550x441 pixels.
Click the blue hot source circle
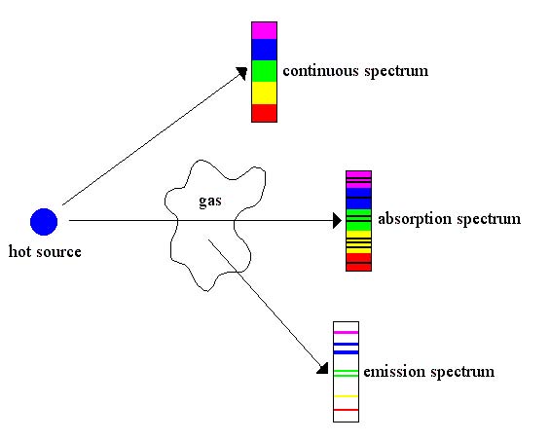pos(44,222)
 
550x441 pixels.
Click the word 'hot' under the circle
pos(19,251)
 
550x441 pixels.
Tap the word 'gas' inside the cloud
pos(210,202)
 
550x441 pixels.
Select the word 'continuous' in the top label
pos(320,71)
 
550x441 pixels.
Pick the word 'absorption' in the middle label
pos(414,220)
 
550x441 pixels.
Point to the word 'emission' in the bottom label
pos(394,372)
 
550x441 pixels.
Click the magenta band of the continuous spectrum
pos(264,30)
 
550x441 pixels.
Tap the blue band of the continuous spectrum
pos(264,50)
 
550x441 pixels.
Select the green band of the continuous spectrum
pos(264,71)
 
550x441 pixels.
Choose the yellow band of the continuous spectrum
pos(264,93)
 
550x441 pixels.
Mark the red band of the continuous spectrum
pos(264,113)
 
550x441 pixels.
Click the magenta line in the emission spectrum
pos(346,332)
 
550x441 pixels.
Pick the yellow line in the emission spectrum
pos(346,396)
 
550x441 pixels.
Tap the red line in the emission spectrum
pos(346,410)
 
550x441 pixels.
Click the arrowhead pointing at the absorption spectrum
pos(337,221)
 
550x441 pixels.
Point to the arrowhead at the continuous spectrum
pos(241,72)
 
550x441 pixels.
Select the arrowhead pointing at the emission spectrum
pos(323,369)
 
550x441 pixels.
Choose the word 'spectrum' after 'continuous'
pos(396,72)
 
